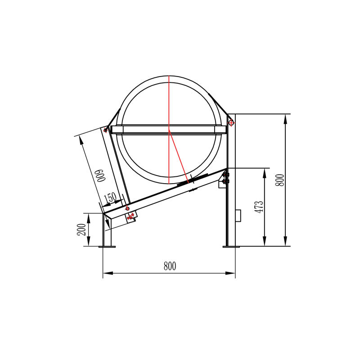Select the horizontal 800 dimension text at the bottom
click(169, 266)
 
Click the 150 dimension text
click(110, 197)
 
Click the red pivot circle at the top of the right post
click(230, 121)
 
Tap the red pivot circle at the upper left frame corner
click(105, 130)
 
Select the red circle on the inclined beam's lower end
click(127, 209)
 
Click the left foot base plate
click(107, 246)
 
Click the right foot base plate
click(229, 246)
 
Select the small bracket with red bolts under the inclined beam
click(131, 217)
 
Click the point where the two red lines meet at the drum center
click(169, 130)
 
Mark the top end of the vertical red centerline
click(169, 76)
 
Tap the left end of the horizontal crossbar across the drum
click(112, 130)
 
